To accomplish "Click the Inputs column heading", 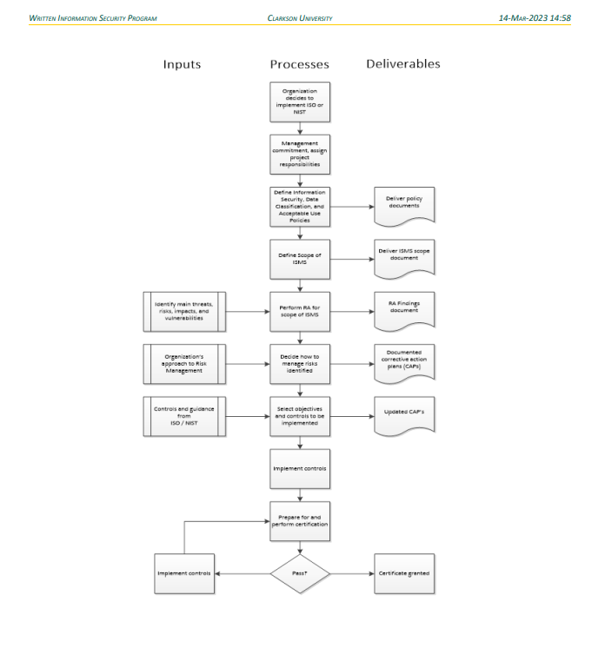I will pos(182,64).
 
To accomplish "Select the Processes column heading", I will pos(299,64).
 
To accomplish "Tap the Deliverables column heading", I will pos(402,64).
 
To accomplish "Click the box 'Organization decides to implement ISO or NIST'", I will pos(300,102).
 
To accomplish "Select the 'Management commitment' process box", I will pos(300,154).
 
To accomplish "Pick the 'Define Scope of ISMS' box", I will pos(300,258).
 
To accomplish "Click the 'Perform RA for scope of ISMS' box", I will pos(300,311).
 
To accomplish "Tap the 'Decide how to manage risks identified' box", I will pos(300,363).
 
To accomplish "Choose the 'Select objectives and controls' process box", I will pos(300,415).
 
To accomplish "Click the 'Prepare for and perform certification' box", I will pos(300,521).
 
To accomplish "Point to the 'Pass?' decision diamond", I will pos(300,573).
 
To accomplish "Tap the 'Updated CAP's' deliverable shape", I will pos(403,414).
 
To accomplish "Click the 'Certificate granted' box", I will pos(403,573).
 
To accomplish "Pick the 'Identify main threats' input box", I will pos(183,311).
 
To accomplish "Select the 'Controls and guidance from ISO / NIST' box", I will pos(183,415).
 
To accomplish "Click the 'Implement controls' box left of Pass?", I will pos(183,573).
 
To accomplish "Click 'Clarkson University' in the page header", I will pos(301,17).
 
